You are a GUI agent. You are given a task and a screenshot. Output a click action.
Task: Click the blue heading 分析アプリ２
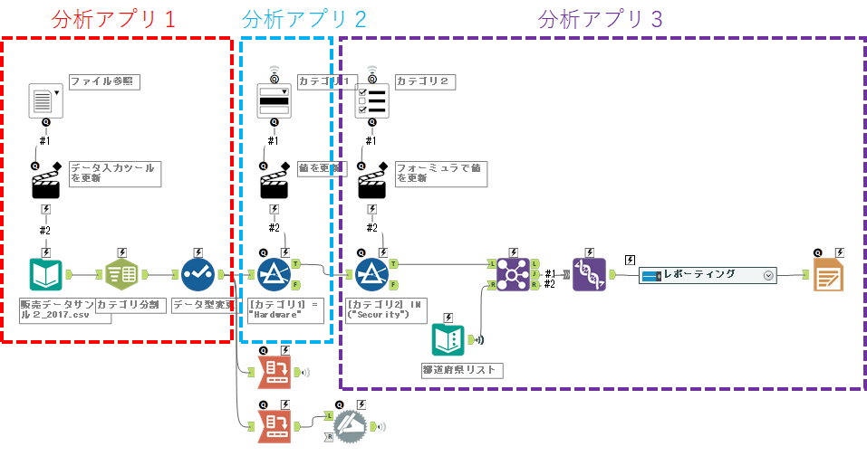click(x=304, y=19)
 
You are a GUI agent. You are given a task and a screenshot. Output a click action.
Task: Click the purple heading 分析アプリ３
click(x=601, y=19)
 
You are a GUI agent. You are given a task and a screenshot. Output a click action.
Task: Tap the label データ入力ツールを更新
click(x=113, y=174)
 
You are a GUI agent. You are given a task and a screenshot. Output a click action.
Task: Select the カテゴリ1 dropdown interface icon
click(x=274, y=100)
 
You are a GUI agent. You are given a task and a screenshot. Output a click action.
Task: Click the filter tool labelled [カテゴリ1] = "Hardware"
click(x=274, y=274)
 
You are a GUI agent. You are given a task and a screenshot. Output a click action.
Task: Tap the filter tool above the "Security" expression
click(x=371, y=274)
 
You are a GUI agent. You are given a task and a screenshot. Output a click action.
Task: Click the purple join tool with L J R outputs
click(x=514, y=274)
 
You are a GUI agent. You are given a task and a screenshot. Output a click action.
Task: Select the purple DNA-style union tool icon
click(x=589, y=274)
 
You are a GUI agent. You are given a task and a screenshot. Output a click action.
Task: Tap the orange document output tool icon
click(x=828, y=274)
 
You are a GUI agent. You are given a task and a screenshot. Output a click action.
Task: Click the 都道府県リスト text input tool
click(x=449, y=340)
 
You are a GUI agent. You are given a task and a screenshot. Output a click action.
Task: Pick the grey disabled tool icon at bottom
click(x=349, y=425)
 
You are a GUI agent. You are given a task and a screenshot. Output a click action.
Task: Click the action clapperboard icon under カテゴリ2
click(x=371, y=185)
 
